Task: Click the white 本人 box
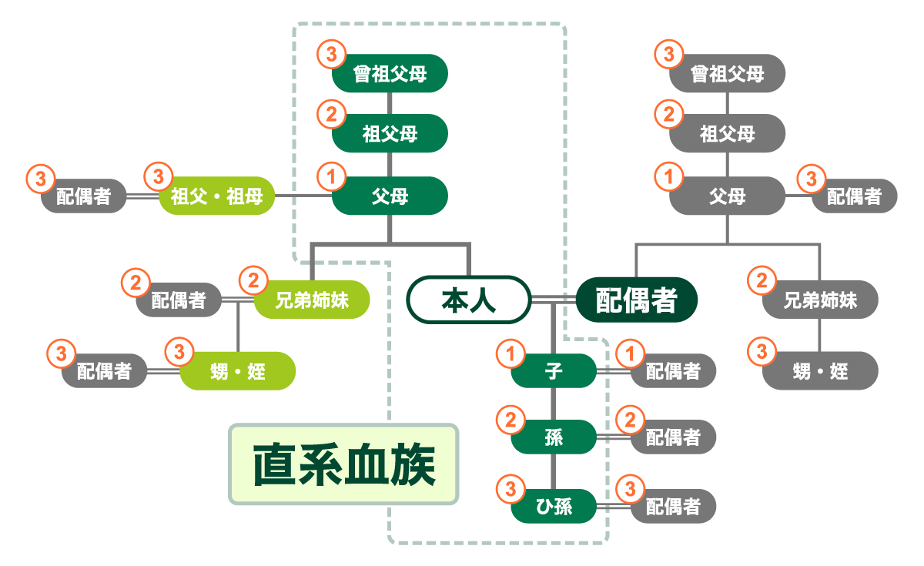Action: (469, 300)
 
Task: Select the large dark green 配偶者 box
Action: (637, 300)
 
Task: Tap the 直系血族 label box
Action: (343, 464)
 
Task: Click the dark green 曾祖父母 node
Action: (390, 74)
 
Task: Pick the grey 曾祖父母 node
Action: (728, 74)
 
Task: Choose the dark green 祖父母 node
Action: (390, 134)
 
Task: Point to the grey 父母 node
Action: (728, 196)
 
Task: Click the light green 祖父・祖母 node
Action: (216, 196)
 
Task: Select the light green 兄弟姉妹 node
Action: (312, 300)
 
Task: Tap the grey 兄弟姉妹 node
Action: (820, 300)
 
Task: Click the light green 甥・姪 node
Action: (237, 372)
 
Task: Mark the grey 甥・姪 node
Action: (820, 372)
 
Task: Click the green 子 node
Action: (554, 372)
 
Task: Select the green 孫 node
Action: (554, 438)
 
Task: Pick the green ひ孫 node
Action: (554, 507)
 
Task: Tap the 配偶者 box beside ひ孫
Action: (673, 507)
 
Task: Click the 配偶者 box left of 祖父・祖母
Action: (84, 196)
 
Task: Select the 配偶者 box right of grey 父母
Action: (854, 196)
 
